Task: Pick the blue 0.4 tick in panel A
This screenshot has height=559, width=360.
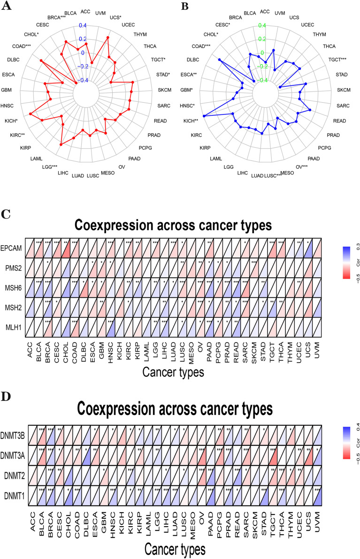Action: [x=83, y=25]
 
